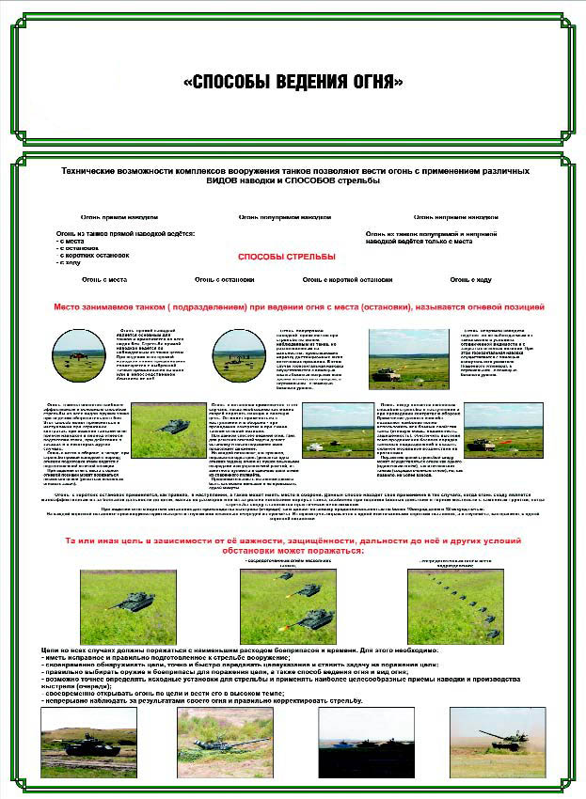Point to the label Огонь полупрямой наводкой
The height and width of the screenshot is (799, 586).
(285, 216)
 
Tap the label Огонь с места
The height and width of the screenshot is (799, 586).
(103, 279)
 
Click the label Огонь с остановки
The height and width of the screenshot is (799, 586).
(224, 279)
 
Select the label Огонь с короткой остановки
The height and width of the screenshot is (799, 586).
(347, 279)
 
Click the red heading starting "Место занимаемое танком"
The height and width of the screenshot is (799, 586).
(299, 306)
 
